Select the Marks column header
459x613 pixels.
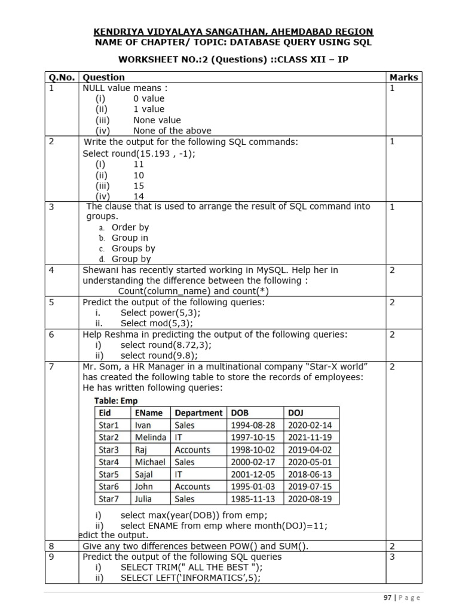coord(404,77)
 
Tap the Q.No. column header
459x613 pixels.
coord(62,77)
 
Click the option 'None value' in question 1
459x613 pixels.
coord(157,120)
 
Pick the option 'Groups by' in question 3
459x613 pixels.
coord(133,248)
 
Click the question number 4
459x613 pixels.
coord(51,270)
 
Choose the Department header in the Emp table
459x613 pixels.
coord(198,413)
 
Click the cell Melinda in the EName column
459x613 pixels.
coord(150,438)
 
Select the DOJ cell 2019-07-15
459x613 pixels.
coord(310,487)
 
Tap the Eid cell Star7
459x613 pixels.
coord(109,499)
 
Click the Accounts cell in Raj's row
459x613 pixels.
coord(192,450)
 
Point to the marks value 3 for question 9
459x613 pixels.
coord(392,557)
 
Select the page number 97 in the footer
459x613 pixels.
coord(387,597)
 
